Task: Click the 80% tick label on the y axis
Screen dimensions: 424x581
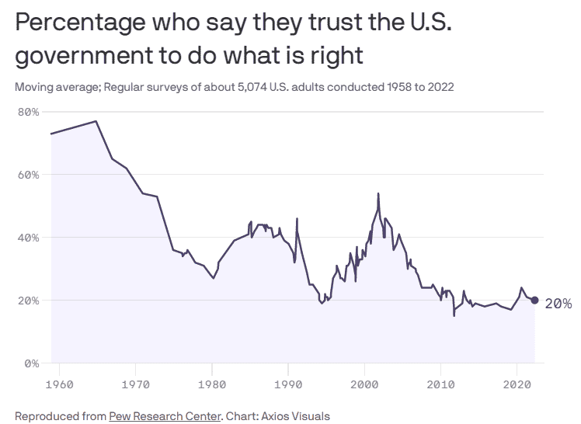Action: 28,112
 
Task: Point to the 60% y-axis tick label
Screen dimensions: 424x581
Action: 28,175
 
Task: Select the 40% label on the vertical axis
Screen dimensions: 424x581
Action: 28,238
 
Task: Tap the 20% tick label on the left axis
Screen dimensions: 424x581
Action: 28,301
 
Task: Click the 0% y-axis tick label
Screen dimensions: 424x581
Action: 31,363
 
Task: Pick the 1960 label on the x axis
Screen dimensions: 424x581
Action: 60,384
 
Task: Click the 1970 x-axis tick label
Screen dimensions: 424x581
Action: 136,384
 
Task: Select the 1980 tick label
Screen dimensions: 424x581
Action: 212,384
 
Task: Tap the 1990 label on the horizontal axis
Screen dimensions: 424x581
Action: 288,384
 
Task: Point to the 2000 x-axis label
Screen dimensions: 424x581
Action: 364,384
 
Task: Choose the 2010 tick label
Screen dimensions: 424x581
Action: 440,384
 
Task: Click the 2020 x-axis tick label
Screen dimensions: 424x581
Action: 517,384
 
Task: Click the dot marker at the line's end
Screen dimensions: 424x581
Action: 534,301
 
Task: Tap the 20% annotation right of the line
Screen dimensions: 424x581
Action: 558,304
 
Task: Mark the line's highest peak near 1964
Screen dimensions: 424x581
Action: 96,121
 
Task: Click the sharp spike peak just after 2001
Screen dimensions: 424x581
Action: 378,193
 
